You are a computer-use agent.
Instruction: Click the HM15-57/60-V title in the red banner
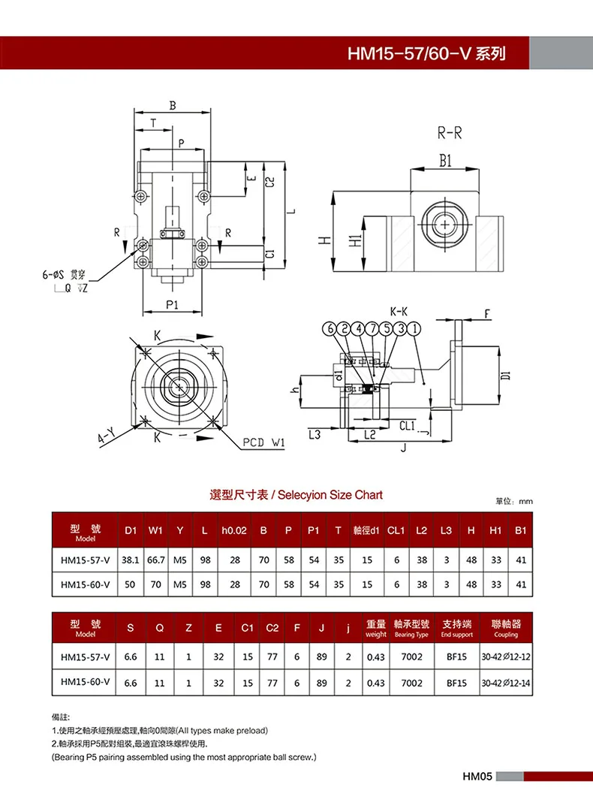point(426,54)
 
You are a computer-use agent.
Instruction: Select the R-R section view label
point(450,134)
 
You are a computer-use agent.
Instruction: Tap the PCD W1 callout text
point(263,442)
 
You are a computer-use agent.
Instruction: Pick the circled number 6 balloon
point(329,328)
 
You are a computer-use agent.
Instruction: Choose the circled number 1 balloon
point(415,328)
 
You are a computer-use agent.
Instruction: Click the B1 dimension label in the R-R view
point(445,160)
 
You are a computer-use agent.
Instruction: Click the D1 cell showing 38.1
point(131,560)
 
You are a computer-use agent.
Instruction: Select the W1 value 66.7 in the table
point(155,560)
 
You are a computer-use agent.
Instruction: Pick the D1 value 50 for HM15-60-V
point(131,584)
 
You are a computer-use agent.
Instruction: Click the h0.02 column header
point(234,530)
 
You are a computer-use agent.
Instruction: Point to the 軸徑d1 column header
point(366,530)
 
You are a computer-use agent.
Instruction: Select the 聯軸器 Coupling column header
point(505,628)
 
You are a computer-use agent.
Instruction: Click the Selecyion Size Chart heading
point(296,495)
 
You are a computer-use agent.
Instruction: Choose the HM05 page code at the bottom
point(476,777)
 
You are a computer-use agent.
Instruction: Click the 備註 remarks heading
point(62,717)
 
